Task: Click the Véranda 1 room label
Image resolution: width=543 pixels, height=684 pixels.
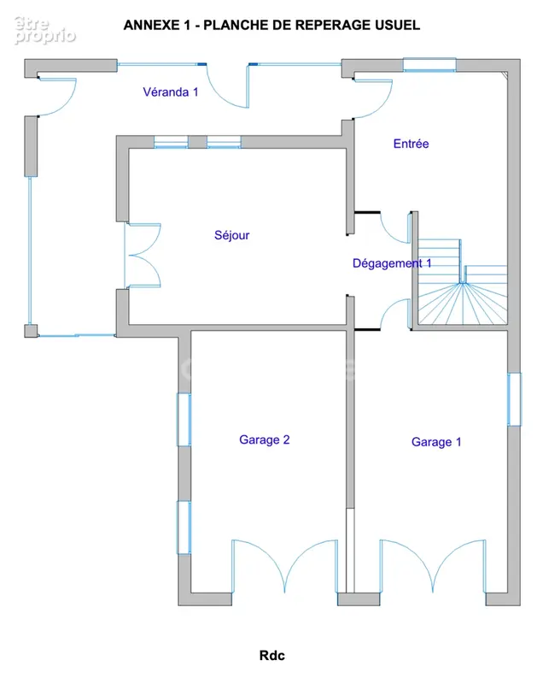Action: pos(171,92)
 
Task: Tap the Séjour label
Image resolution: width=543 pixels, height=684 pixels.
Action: pos(231,236)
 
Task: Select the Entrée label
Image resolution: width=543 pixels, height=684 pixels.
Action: pos(411,144)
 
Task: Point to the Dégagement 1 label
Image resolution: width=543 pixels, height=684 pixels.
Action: pos(392,263)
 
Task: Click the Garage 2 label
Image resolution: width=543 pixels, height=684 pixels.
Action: pos(265,439)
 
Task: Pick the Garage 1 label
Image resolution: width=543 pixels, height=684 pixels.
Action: pos(436,442)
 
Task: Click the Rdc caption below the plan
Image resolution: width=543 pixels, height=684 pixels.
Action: pos(272,655)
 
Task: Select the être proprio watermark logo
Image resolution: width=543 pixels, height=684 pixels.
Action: pos(44,31)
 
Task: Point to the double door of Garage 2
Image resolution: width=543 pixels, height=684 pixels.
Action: pos(284,566)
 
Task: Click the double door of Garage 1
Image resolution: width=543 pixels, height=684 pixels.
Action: pos(433,566)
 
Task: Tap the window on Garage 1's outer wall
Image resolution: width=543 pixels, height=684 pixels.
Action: pos(514,399)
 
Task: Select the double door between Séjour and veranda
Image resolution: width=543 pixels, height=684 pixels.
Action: pos(143,256)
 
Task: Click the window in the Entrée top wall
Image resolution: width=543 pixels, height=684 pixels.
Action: pos(429,65)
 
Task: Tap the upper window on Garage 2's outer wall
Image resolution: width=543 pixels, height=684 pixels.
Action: pos(184,420)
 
